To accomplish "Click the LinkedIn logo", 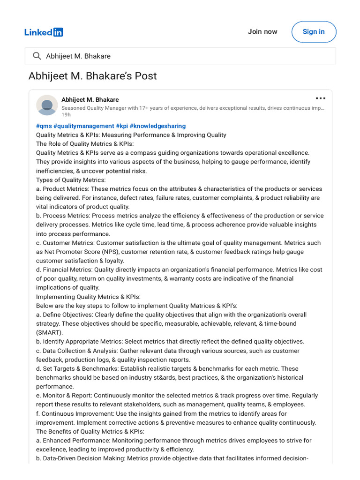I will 44,32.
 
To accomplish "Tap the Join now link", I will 262,32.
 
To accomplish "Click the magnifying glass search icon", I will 37,56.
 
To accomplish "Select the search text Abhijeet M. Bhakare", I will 78,56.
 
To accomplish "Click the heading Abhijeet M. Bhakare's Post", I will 92,76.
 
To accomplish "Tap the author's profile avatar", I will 47,105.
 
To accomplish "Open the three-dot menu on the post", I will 320,98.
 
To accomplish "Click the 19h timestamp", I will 66,115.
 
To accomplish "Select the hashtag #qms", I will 44,126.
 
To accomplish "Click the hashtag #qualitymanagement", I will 84,126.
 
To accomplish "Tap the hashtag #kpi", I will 122,126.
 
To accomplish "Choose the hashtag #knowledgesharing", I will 157,126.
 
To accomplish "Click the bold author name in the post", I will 90,99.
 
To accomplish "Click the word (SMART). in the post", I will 49,333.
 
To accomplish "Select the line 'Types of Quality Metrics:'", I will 71,180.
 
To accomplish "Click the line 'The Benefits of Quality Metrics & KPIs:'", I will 90,432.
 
